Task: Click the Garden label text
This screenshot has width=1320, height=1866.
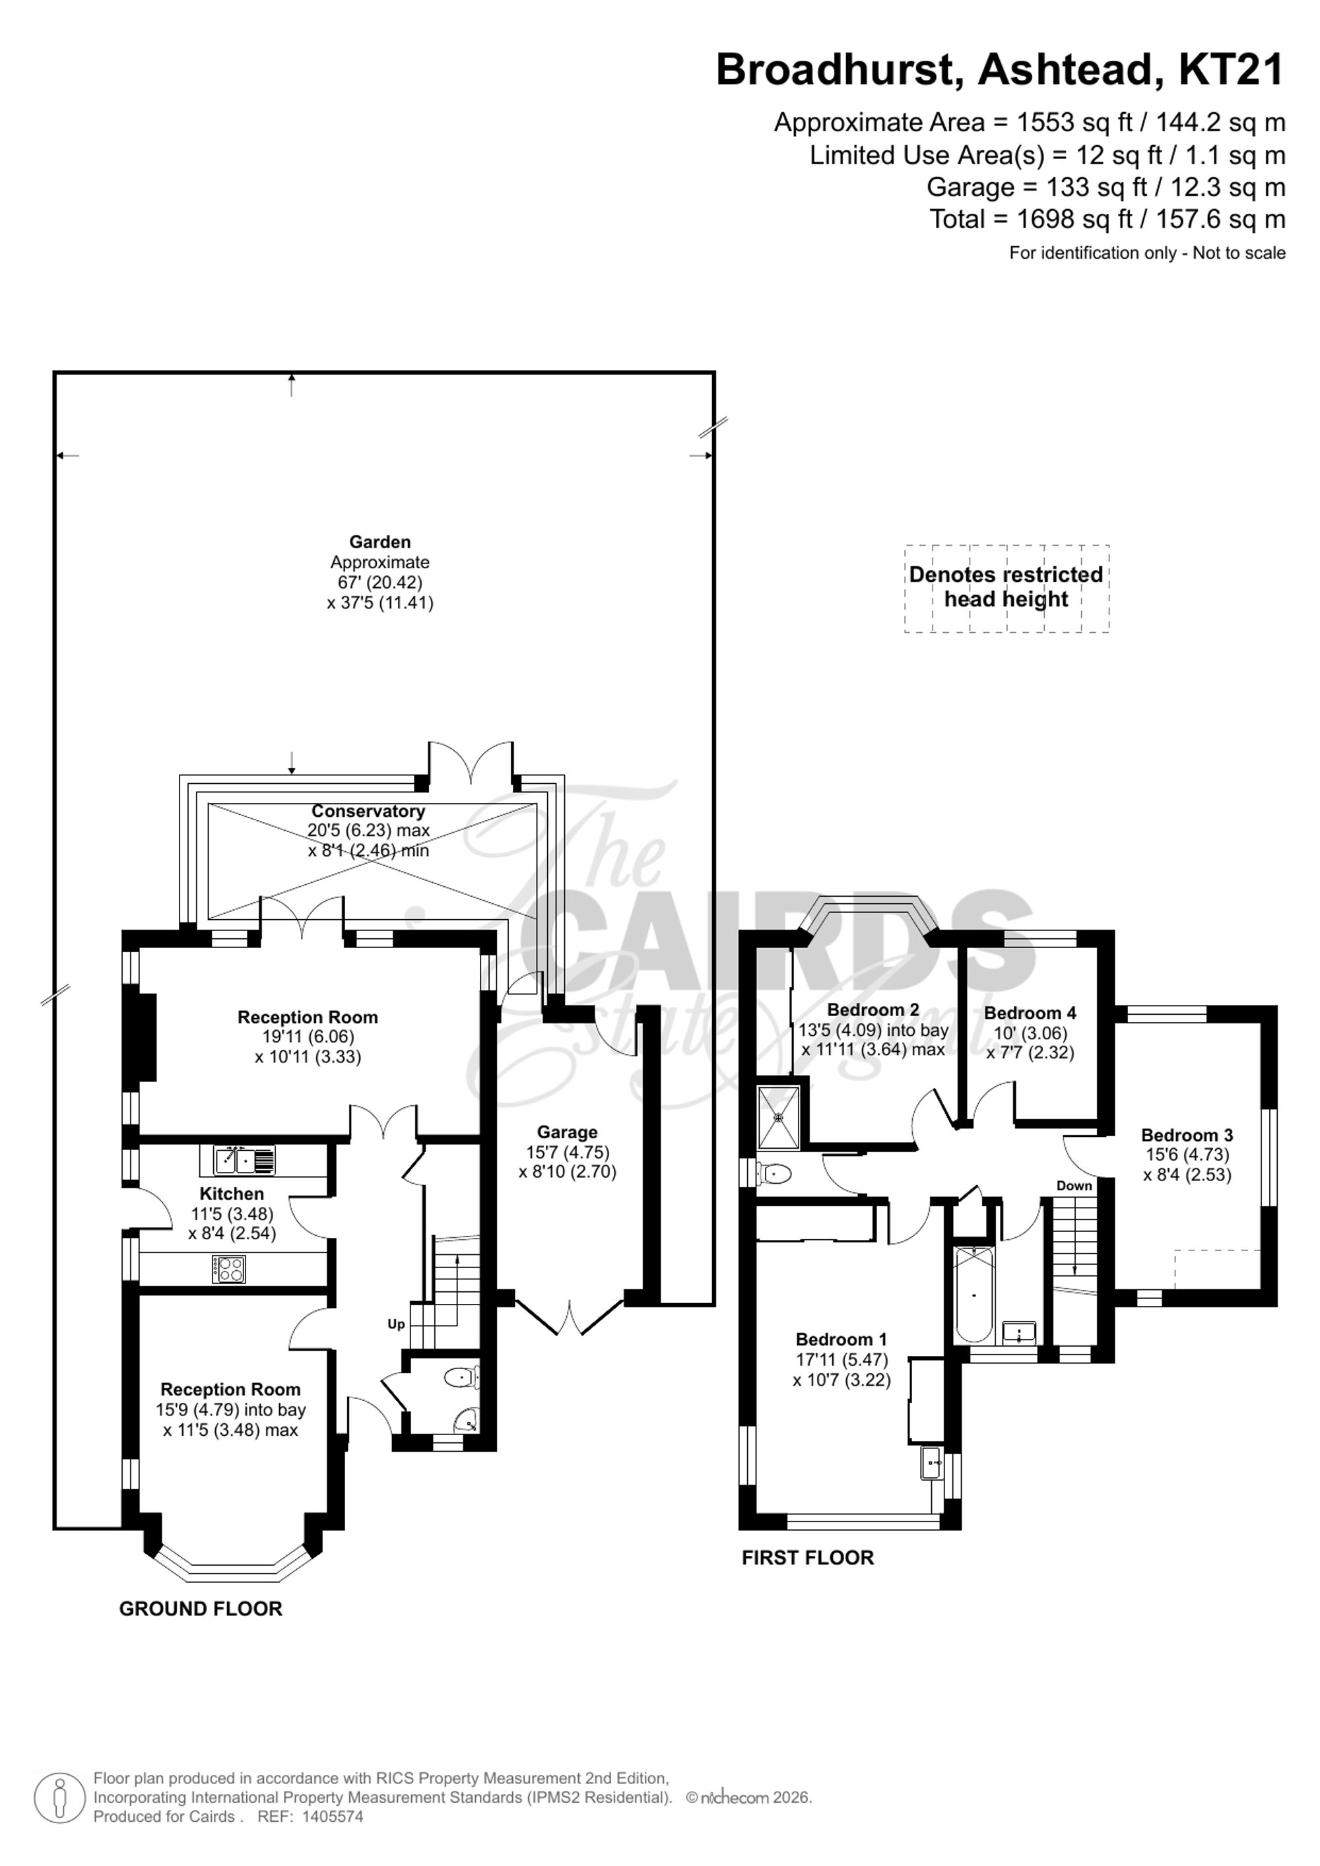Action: click(x=379, y=542)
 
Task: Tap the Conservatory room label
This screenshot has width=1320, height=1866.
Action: click(x=368, y=811)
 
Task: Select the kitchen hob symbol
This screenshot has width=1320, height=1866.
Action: click(x=228, y=1270)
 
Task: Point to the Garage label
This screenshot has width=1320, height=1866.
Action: click(x=568, y=1132)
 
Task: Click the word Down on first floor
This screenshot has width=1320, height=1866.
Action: click(x=1074, y=1186)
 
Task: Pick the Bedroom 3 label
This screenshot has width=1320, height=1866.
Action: click(x=1187, y=1136)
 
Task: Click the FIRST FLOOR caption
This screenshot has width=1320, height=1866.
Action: click(x=807, y=1558)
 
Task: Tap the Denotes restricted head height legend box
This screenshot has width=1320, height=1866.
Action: click(x=1006, y=588)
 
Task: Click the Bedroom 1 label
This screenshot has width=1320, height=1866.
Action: click(x=841, y=1339)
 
